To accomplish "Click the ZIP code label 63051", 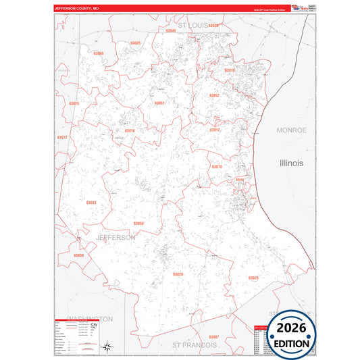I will coord(159,103).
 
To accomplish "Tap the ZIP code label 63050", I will coord(138,223).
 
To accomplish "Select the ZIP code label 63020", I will coord(178,274).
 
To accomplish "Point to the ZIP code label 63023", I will coord(91,203).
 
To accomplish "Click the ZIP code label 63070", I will coord(216,166).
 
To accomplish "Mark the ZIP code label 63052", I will coord(214,96).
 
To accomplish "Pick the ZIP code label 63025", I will coord(135,43).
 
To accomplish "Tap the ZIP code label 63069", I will coord(99,53).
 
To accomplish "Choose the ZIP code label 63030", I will coord(78,255).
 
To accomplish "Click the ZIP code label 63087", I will coord(213,336).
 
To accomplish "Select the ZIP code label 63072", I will coord(62,137).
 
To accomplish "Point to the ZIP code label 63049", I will coord(171,30).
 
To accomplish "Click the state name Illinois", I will coord(292,163).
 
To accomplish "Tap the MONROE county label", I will coord(292,130).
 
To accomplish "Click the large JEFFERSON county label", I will coord(115,238).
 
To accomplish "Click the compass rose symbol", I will coord(107,347).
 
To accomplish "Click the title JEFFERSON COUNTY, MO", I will coord(77,9).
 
